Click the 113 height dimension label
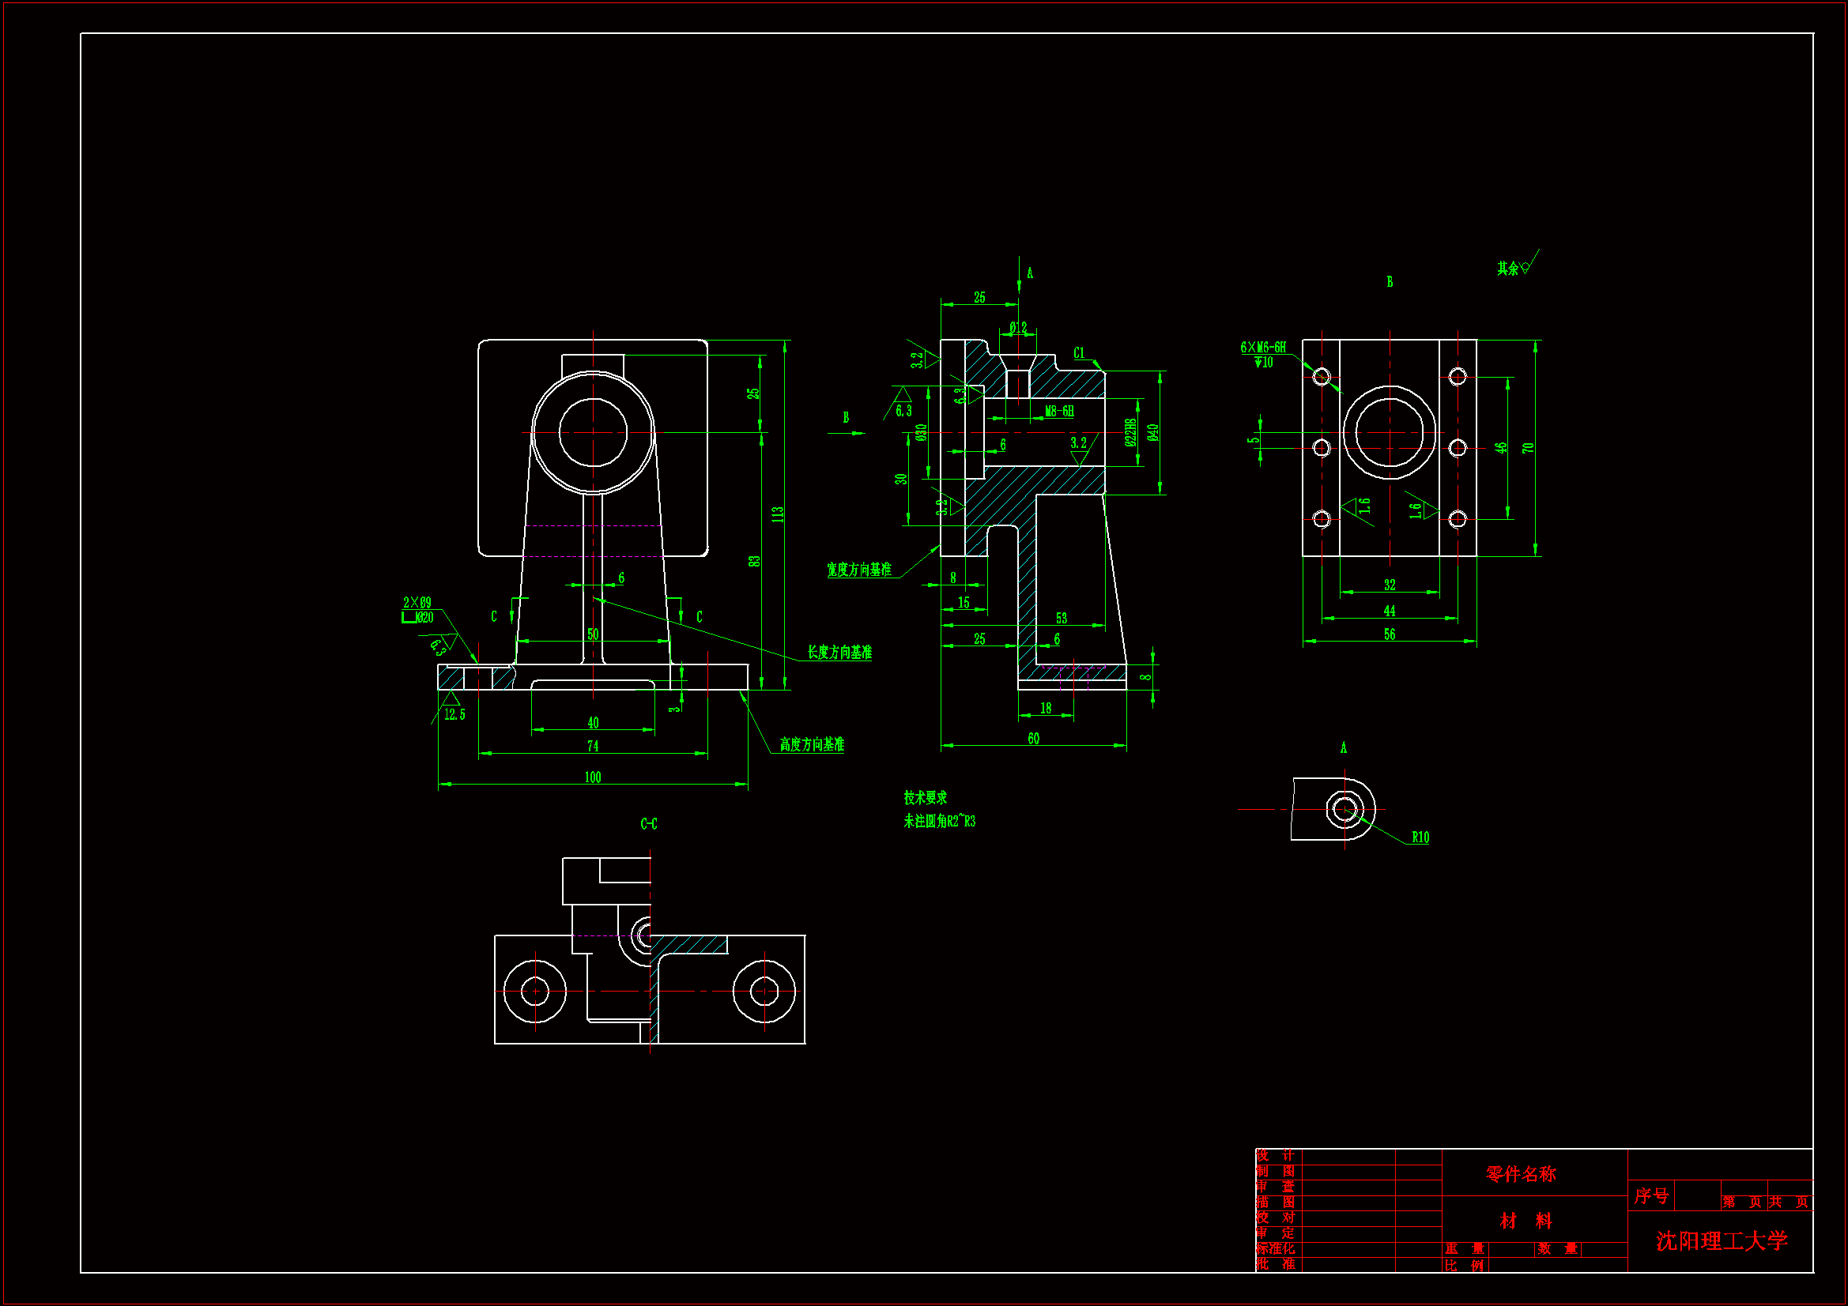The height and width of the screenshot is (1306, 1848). pyautogui.click(x=778, y=514)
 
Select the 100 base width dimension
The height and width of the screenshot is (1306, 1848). pyautogui.click(x=592, y=777)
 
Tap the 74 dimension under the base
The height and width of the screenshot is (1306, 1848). pyautogui.click(x=592, y=746)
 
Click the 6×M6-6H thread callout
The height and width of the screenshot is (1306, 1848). pyautogui.click(x=1263, y=348)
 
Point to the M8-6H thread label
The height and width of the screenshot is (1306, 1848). pyautogui.click(x=1058, y=411)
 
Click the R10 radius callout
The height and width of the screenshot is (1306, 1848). pyautogui.click(x=1420, y=837)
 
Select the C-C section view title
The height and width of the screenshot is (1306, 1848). pyautogui.click(x=649, y=823)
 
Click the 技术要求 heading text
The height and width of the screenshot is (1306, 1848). pyautogui.click(x=925, y=797)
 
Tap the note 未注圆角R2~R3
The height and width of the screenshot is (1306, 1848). pyautogui.click(x=938, y=821)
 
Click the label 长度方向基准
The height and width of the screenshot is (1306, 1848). pyautogui.click(x=839, y=653)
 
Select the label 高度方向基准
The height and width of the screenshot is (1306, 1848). pyautogui.click(x=811, y=744)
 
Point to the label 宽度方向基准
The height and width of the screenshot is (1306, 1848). pyautogui.click(x=859, y=570)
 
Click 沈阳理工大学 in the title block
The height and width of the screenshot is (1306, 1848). pyautogui.click(x=1721, y=1240)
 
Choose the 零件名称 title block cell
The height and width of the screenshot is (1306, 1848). pyautogui.click(x=1521, y=1174)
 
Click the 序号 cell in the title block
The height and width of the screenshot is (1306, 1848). pyautogui.click(x=1650, y=1195)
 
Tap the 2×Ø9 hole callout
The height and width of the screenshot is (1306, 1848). pyautogui.click(x=417, y=603)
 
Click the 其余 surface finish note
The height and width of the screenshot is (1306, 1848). pyautogui.click(x=1507, y=268)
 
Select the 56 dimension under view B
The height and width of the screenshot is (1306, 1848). pyautogui.click(x=1390, y=634)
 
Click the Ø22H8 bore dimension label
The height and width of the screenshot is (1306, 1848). pyautogui.click(x=1131, y=432)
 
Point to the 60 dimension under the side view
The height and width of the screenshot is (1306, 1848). pyautogui.click(x=1033, y=738)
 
